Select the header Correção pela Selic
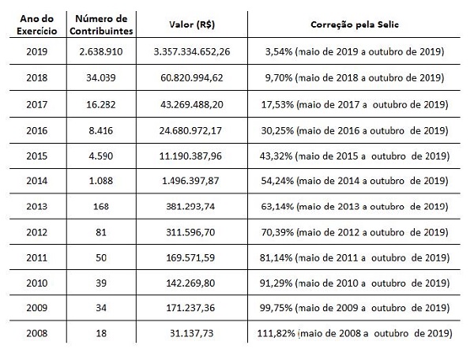tap(350, 24)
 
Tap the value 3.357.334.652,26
tap(190, 52)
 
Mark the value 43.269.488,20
tap(190, 103)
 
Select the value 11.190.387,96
tap(190, 155)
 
